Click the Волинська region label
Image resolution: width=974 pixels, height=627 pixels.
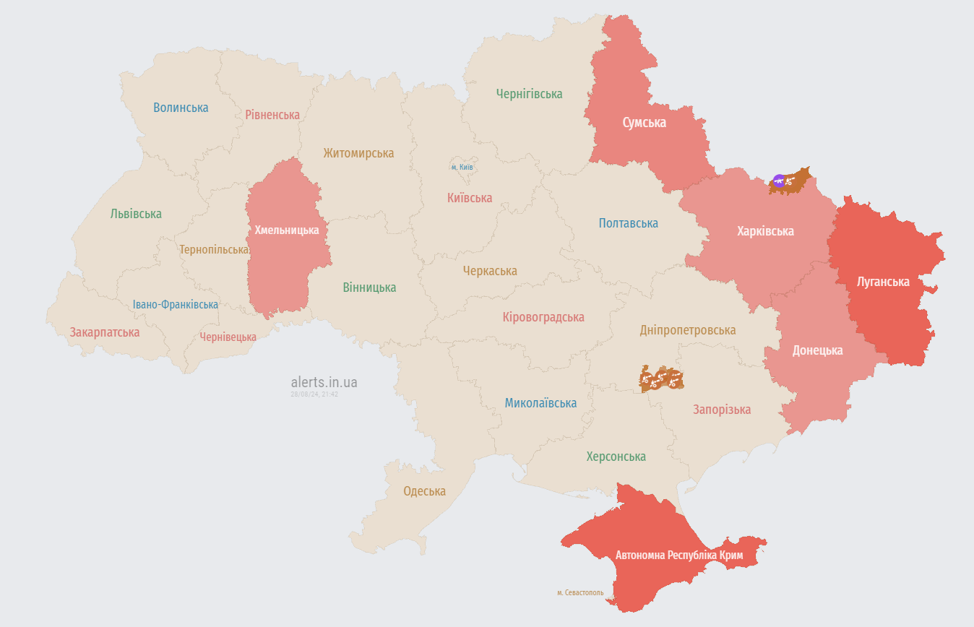click(x=181, y=108)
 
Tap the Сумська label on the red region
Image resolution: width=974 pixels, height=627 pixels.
click(x=644, y=123)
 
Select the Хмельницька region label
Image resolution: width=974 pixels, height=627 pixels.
click(x=287, y=230)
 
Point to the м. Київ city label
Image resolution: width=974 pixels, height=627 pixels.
click(x=462, y=167)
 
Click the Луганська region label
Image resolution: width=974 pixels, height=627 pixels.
click(x=882, y=281)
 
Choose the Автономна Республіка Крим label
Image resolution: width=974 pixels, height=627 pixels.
click(x=678, y=555)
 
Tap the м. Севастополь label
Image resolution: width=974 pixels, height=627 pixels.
click(x=580, y=592)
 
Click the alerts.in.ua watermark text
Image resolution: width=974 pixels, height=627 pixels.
click(x=324, y=382)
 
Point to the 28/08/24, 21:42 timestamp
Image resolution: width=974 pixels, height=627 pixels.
click(x=314, y=394)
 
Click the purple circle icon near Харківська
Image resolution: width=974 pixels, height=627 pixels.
click(x=778, y=181)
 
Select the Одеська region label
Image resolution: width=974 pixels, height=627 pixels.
click(x=424, y=491)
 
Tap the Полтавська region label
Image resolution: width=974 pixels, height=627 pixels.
click(x=628, y=223)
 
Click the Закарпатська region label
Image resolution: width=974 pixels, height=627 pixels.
click(x=105, y=332)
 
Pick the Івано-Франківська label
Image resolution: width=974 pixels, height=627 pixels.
click(x=176, y=305)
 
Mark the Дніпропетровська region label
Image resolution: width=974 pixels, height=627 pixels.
click(x=687, y=330)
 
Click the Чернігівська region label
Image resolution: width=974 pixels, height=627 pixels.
click(x=529, y=94)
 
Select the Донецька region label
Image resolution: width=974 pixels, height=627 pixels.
click(x=817, y=350)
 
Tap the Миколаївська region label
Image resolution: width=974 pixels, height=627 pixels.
click(x=540, y=403)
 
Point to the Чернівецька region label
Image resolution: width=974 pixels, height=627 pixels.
click(x=228, y=337)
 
